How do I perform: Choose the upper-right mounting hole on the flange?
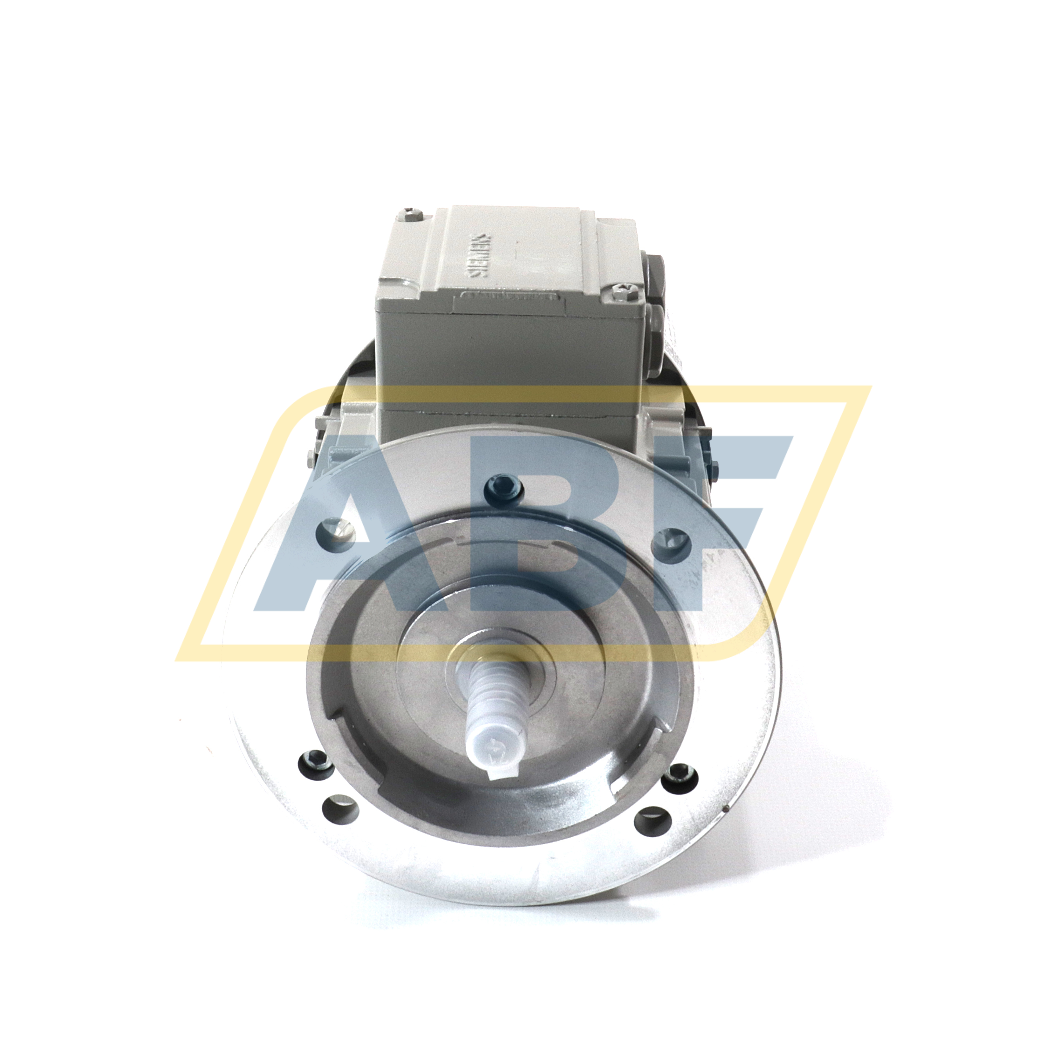point(670,540)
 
